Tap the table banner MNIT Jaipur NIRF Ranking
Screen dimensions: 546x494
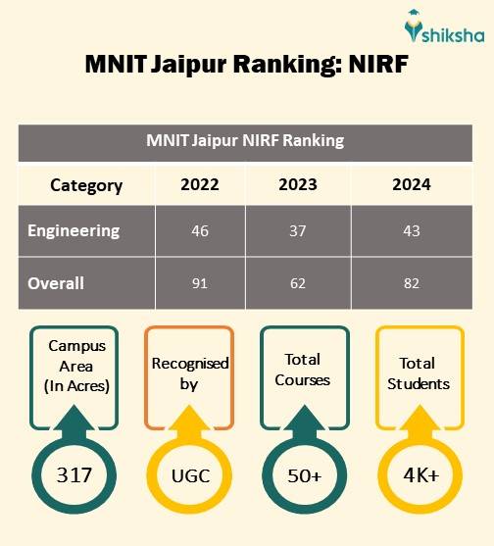coord(246,140)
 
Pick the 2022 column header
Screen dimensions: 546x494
coord(200,184)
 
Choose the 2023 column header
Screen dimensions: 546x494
coord(298,184)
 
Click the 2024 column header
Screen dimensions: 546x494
coord(411,184)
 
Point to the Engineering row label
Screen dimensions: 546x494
coord(74,231)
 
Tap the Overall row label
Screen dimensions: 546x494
coord(56,283)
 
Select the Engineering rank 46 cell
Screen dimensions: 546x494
coord(200,232)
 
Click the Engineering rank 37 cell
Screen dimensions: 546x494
coord(298,232)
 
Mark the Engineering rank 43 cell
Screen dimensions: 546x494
coord(411,232)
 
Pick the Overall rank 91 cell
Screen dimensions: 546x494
coord(200,283)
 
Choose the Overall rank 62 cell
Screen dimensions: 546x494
coord(298,283)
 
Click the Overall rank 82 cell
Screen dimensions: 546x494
coord(411,283)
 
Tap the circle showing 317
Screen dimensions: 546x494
coord(74,476)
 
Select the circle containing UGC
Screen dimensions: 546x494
coord(190,476)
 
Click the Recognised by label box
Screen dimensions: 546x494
coord(190,374)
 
